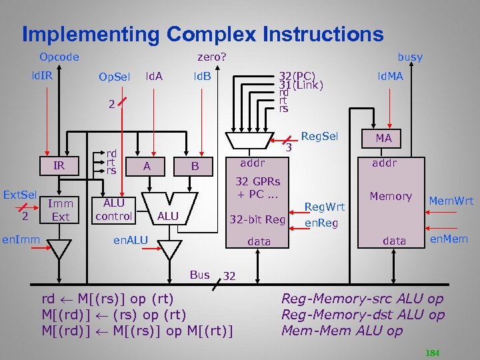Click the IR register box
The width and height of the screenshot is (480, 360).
(x=59, y=165)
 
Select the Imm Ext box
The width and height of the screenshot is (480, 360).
(x=60, y=210)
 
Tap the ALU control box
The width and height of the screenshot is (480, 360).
(x=113, y=209)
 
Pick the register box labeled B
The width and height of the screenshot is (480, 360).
(x=195, y=165)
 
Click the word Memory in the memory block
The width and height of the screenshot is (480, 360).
(x=391, y=196)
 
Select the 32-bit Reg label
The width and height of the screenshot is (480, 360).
(x=257, y=220)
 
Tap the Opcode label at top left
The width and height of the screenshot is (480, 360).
(x=59, y=57)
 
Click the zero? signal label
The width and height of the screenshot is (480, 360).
(x=211, y=57)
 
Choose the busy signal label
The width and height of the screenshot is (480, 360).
(x=409, y=57)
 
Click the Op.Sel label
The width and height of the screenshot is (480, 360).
(x=115, y=77)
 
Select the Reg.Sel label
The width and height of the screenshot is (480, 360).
(x=320, y=137)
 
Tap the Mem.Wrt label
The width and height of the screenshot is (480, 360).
(x=451, y=200)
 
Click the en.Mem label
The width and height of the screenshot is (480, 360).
(x=449, y=239)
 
